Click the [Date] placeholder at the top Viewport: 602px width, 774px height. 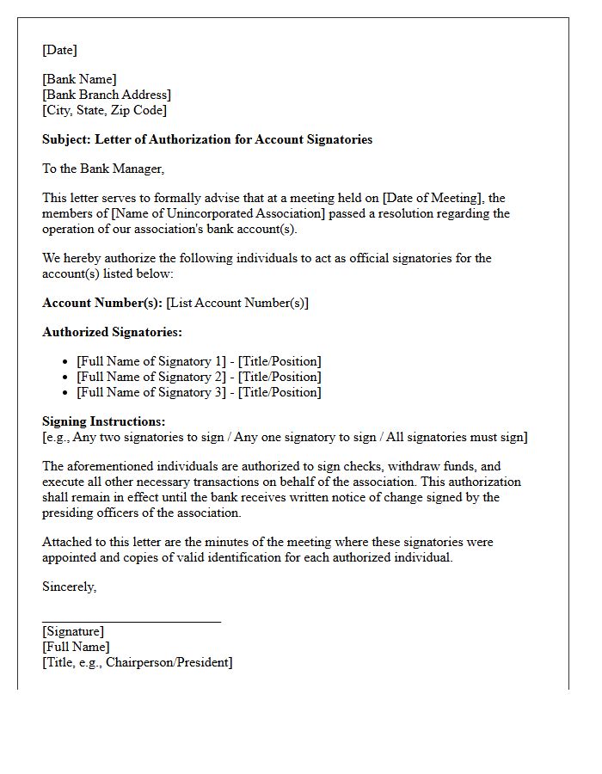click(x=59, y=50)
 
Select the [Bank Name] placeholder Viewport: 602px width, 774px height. click(x=79, y=79)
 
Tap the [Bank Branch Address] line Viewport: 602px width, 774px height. click(x=107, y=95)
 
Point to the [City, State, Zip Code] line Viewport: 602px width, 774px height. click(x=104, y=110)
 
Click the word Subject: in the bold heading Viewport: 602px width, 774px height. click(x=66, y=139)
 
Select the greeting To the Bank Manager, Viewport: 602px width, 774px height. click(x=102, y=169)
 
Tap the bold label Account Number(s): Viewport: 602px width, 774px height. click(x=102, y=303)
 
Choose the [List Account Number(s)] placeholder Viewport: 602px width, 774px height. click(x=237, y=303)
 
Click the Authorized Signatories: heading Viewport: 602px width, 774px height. click(x=112, y=332)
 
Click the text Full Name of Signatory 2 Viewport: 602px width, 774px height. click(x=147, y=377)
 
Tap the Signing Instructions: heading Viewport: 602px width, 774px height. click(x=103, y=421)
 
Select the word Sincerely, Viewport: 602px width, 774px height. click(x=70, y=587)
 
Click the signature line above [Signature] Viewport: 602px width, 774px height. click(x=132, y=620)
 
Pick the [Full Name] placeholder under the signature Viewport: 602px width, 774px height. click(x=76, y=647)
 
